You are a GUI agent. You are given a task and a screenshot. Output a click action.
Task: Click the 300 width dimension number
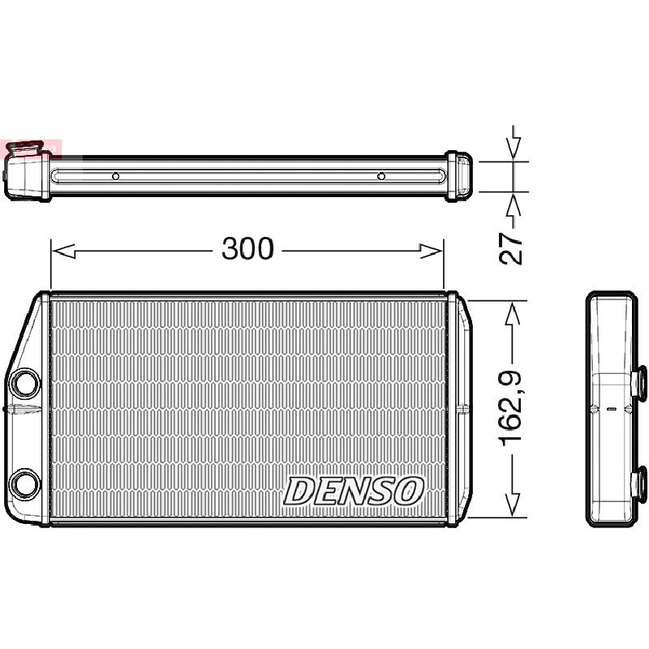click(x=247, y=249)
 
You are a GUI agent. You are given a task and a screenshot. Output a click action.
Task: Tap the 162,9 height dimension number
click(x=511, y=409)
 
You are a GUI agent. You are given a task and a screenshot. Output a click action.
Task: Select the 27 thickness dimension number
click(x=511, y=248)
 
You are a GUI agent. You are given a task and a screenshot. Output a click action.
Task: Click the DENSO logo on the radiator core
click(x=354, y=492)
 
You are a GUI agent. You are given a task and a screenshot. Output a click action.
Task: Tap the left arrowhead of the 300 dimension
click(x=63, y=251)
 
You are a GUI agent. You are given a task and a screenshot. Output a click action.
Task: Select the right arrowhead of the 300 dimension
click(x=432, y=251)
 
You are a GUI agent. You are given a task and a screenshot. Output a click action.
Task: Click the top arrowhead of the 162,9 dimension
click(x=514, y=314)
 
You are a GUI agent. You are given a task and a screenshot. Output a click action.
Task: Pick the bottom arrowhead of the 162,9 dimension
click(x=514, y=504)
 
